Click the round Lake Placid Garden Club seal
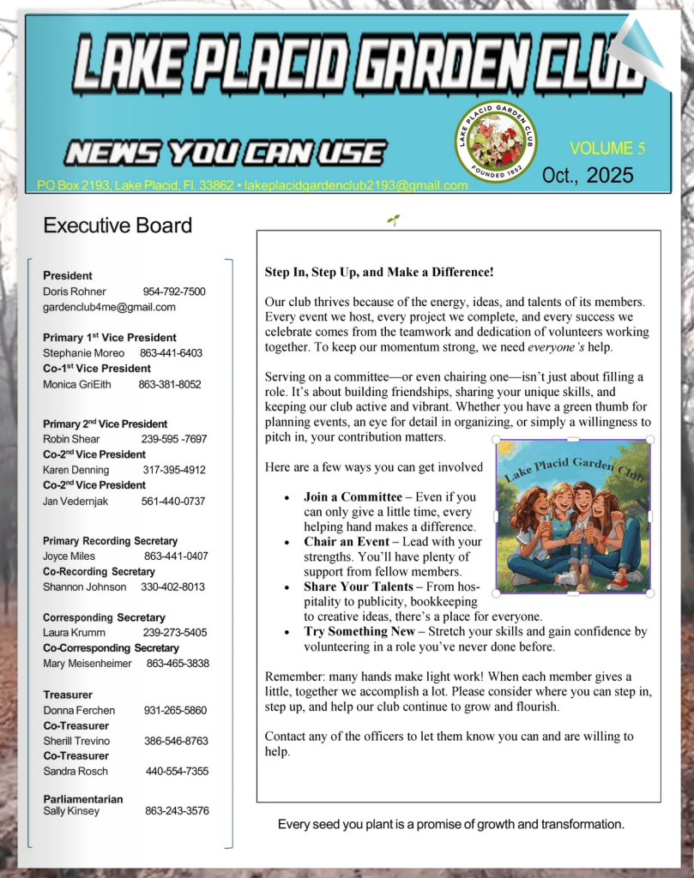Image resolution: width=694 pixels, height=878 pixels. point(495,141)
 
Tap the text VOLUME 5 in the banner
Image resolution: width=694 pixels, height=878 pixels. point(607,148)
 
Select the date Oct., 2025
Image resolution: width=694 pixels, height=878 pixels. point(588,176)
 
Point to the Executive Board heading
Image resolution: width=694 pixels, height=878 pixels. point(118,226)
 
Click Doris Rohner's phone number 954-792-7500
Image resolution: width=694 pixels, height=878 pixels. point(174,292)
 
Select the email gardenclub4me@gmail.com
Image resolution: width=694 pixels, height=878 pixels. point(109,307)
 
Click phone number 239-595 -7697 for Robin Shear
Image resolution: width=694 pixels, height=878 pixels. point(173,439)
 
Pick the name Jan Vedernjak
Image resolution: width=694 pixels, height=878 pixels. point(75,501)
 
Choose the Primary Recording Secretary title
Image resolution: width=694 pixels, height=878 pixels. point(110,541)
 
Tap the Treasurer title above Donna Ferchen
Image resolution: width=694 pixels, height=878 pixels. point(68,695)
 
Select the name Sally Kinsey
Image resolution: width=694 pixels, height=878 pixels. point(71,811)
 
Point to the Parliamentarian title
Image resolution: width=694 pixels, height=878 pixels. point(83,799)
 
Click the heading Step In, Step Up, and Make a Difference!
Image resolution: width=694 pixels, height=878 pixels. point(379,273)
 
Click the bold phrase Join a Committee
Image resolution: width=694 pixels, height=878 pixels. point(353,496)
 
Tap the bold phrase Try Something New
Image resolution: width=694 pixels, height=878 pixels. point(359,632)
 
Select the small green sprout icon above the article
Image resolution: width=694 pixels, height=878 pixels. point(394,220)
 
